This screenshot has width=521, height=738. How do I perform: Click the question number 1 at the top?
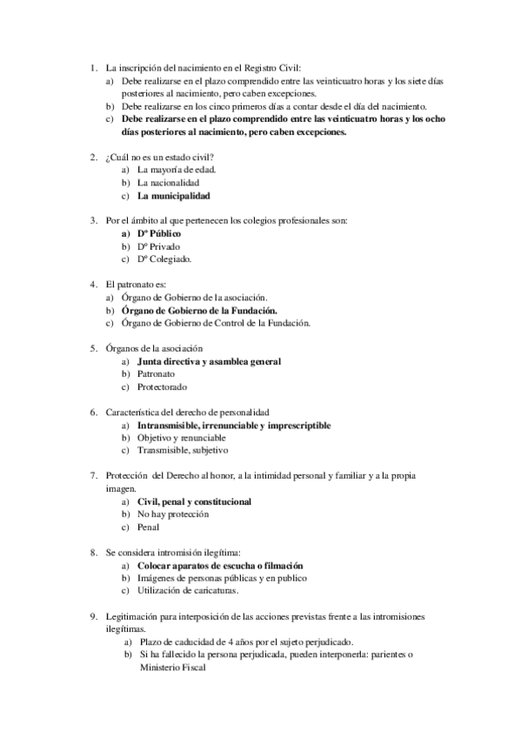coord(93,66)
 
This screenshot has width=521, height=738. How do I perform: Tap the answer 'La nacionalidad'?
coord(169,183)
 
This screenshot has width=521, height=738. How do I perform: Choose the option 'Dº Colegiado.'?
coord(164,259)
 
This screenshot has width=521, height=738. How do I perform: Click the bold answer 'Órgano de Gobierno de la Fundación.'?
coord(199,310)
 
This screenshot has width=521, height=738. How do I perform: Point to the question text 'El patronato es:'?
coord(136,285)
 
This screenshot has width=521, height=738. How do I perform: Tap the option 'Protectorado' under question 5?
coord(163,386)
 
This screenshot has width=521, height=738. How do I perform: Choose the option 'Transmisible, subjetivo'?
coord(183,451)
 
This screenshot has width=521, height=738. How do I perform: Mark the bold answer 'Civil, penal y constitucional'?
coord(195,501)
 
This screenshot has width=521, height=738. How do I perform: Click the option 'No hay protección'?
coord(173,514)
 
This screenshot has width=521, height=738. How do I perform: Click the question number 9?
coord(93,616)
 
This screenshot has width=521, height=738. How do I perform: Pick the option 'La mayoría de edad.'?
coord(177,171)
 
